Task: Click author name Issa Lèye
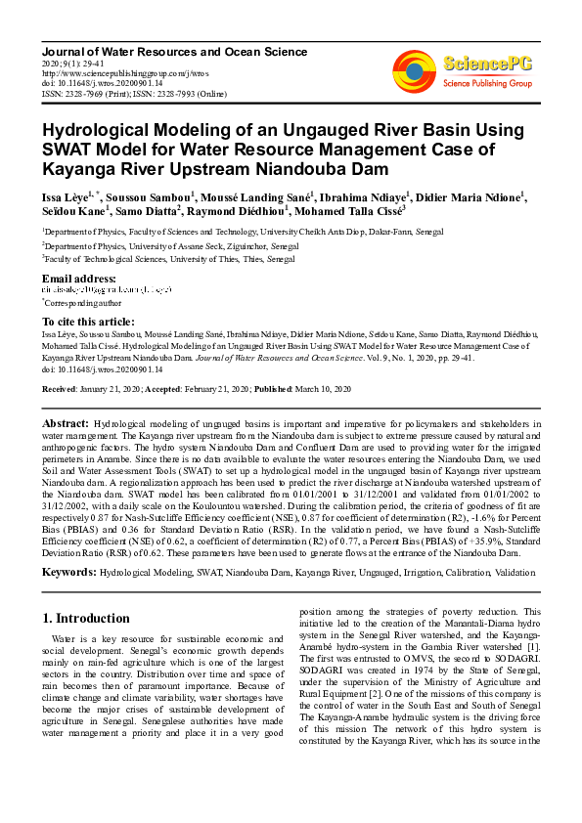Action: pos(65,196)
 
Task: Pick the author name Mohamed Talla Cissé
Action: pos(347,211)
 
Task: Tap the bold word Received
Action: pos(59,389)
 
